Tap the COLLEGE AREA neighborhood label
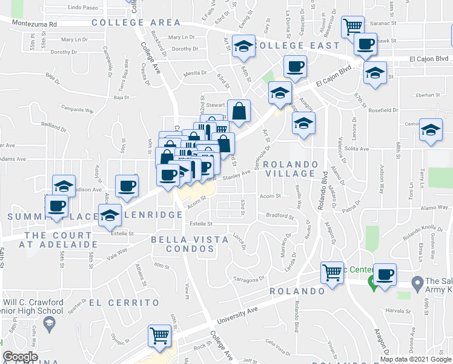coord(136,22)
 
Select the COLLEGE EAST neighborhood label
coord(297,45)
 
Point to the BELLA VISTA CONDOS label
coord(190,244)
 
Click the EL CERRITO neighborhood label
coord(125,302)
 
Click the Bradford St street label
coord(279,215)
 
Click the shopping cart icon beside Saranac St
coord(352,26)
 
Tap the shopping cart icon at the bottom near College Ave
coord(159,335)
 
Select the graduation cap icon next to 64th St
coord(243,47)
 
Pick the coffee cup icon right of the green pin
coord(385,274)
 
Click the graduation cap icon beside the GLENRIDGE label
coord(110,216)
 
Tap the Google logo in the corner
coord(20,357)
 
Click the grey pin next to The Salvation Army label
coord(417,283)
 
